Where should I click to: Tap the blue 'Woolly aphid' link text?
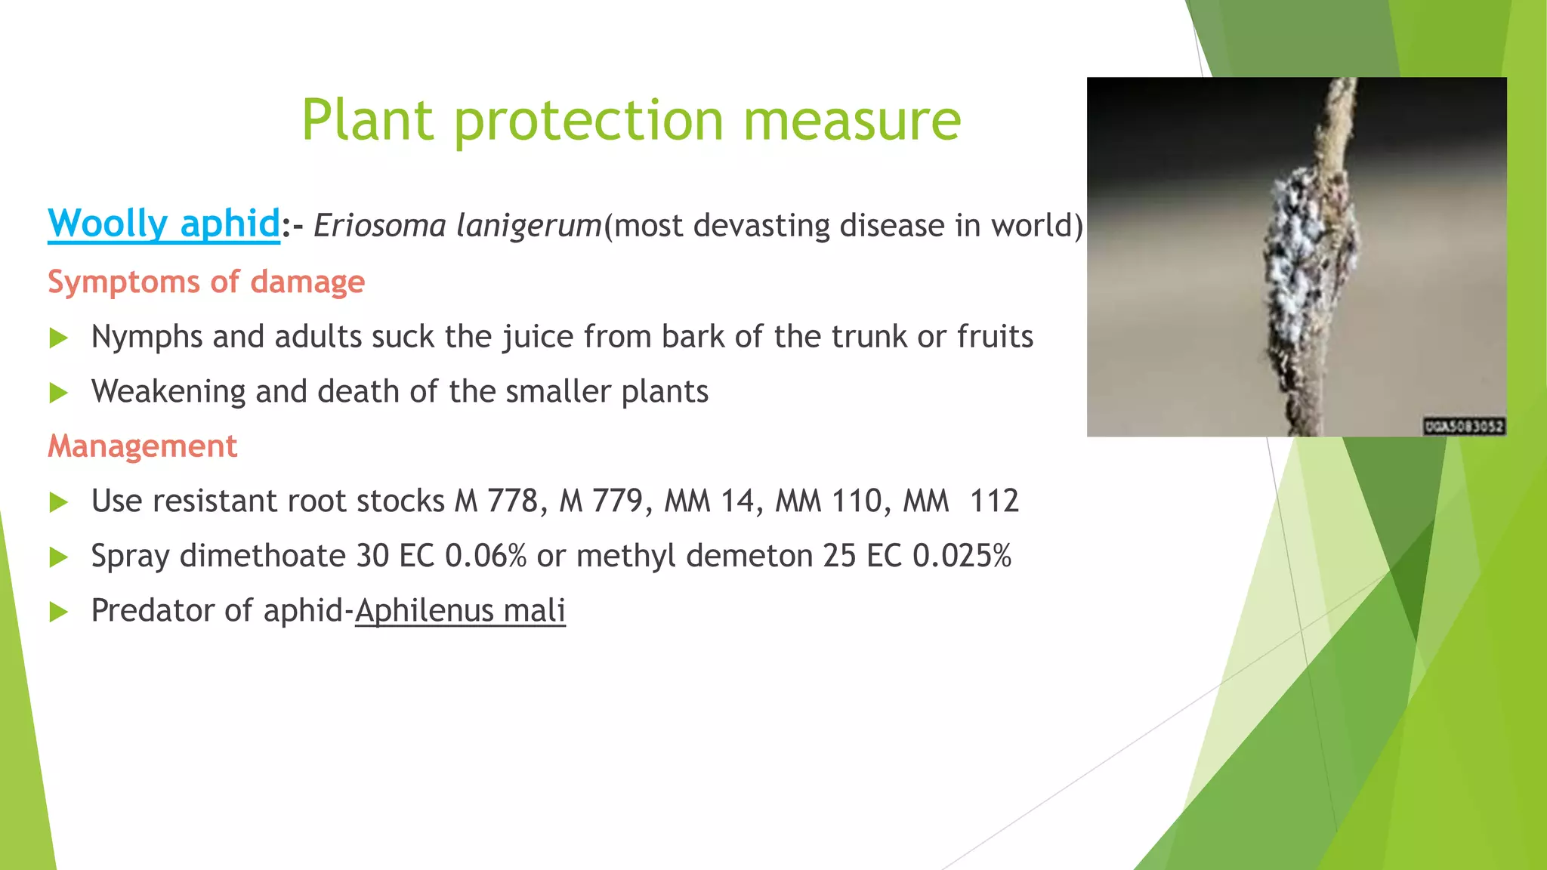pos(164,224)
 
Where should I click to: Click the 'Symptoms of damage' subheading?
pos(206,282)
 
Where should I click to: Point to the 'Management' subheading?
pos(143,446)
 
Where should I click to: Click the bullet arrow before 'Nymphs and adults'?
pos(59,338)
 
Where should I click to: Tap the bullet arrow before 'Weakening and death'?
pos(59,393)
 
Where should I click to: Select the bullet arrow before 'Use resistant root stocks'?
pos(59,502)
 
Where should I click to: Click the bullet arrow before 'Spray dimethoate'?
pos(59,557)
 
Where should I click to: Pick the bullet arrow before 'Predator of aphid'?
pos(59,612)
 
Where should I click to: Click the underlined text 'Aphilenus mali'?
pos(460,611)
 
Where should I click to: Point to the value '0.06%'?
pos(486,557)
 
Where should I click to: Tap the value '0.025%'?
pos(962,557)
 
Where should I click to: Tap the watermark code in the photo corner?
pos(1464,427)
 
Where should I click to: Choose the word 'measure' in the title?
pos(852,121)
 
